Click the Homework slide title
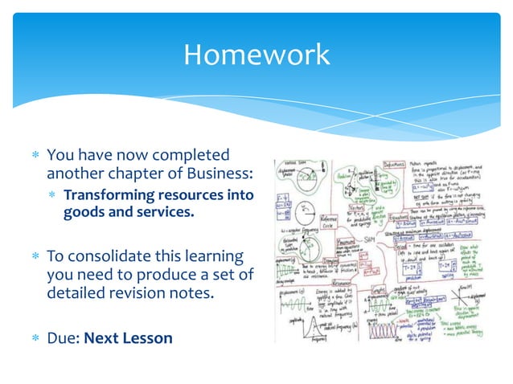click(256, 55)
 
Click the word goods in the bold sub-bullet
click(83, 214)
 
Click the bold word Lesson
click(146, 337)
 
